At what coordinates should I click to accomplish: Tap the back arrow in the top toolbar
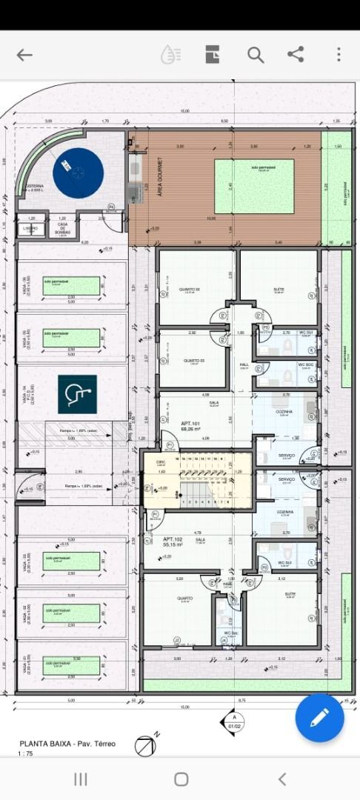pos(24,55)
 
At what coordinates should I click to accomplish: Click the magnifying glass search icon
pos(256,55)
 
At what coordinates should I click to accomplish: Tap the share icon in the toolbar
pos(296,55)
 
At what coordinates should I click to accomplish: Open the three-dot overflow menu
pos(339,55)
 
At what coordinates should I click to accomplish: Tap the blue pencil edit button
pos(319,717)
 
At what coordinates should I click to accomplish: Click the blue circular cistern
pos(78,173)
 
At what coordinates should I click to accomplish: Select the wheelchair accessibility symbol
pos(78,393)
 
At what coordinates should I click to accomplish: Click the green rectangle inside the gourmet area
pos(254,186)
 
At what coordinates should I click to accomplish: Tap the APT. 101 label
pos(190,426)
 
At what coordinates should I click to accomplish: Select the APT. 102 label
pos(173,541)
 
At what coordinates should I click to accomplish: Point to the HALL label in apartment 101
pos(244,364)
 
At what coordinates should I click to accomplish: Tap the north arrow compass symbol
pos(145,745)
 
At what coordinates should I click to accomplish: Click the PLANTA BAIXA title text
pos(67,743)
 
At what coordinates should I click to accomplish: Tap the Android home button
pos(181,779)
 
